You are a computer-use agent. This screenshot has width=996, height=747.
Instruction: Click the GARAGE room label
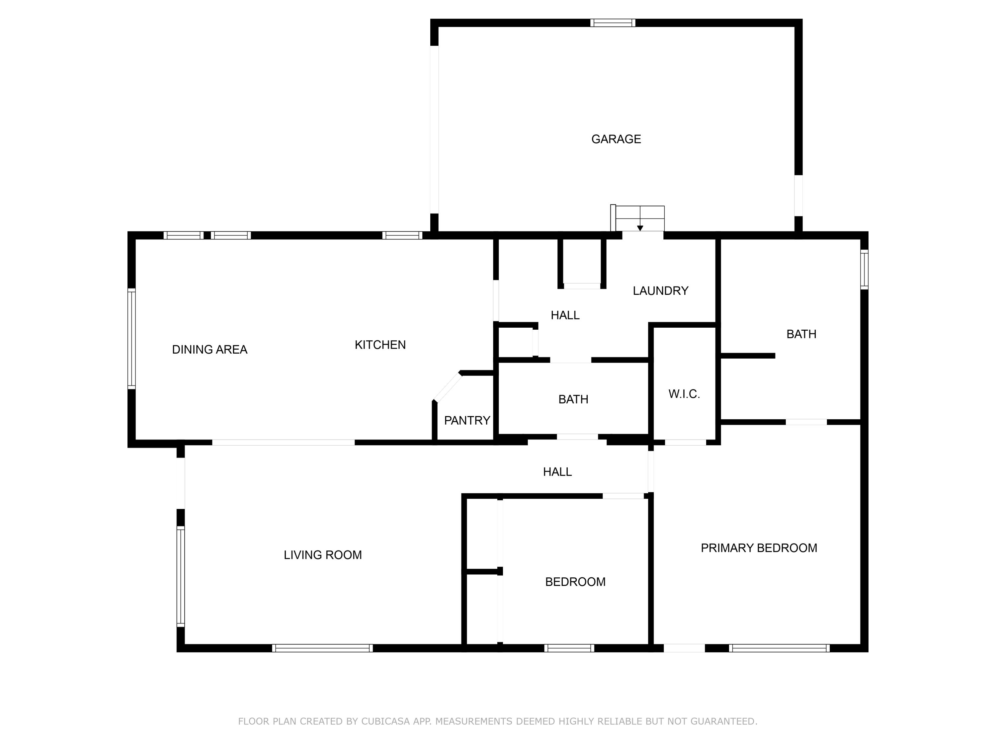tap(616, 139)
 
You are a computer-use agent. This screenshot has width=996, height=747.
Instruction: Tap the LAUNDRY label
tap(660, 291)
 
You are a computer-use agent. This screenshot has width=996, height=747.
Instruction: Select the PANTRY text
tap(466, 421)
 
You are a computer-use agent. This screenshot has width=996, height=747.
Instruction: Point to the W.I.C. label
tap(684, 394)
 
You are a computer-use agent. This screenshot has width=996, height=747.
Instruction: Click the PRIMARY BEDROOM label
tap(758, 548)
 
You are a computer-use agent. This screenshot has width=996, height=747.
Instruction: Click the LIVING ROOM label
tap(322, 555)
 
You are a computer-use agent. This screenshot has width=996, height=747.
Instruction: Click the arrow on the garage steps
tap(639, 227)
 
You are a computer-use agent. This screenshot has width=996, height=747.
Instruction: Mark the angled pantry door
tap(447, 386)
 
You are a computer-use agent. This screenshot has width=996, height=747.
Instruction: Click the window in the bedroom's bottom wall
tap(569, 648)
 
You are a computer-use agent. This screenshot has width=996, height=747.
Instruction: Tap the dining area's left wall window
tap(131, 339)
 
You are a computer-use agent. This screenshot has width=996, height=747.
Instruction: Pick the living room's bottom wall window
tap(322, 648)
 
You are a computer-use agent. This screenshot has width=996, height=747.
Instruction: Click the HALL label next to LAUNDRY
tap(565, 315)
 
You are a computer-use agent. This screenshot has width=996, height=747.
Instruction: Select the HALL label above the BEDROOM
tap(557, 472)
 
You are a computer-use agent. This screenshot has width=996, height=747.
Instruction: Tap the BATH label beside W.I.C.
tap(573, 399)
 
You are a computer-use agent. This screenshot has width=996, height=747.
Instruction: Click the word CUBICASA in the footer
tap(385, 721)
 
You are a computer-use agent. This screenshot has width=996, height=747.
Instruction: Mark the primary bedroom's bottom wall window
tap(779, 648)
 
